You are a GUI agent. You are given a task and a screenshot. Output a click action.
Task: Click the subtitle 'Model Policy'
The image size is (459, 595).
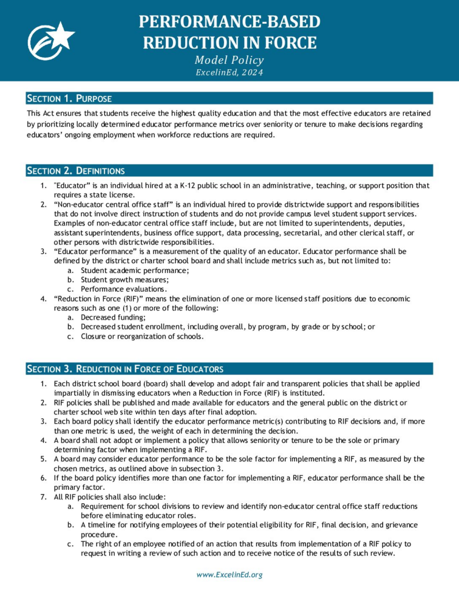[x=229, y=60]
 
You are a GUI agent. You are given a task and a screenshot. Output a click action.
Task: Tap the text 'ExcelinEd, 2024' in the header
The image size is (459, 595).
[x=229, y=73]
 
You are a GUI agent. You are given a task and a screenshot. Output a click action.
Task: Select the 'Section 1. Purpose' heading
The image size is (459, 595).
[x=70, y=98]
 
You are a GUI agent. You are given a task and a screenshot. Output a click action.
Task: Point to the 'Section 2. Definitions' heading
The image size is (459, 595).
[x=76, y=171]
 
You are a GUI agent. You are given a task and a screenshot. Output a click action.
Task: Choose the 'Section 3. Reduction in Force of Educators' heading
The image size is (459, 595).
[x=125, y=369]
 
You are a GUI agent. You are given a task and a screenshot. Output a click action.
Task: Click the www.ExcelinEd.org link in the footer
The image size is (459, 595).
[x=230, y=575]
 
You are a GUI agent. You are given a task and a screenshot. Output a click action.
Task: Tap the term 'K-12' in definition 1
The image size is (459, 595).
[x=189, y=186]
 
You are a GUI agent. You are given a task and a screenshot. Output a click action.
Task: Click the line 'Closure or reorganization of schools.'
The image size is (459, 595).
[x=142, y=336]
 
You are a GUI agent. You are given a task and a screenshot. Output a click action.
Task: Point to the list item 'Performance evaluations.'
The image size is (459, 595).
[x=124, y=289]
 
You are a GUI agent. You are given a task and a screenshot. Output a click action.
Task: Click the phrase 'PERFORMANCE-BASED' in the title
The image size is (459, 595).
[x=229, y=22]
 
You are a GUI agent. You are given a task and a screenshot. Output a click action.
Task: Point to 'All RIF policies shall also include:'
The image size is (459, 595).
[x=110, y=497]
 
